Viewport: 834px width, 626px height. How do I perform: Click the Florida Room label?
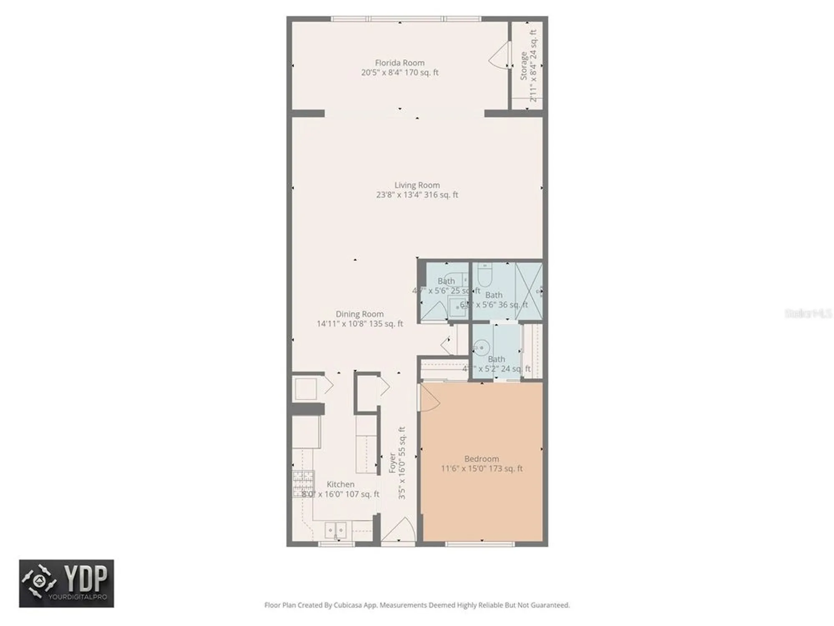[x=399, y=63]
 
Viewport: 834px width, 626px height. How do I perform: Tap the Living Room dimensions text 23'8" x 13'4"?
[x=417, y=194]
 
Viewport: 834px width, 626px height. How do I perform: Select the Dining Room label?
[x=359, y=314]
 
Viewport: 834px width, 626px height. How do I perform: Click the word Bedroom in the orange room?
[x=481, y=459]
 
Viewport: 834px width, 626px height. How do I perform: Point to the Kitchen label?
[x=340, y=484]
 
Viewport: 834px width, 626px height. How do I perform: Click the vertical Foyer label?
[x=392, y=462]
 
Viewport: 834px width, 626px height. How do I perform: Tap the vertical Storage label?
[x=523, y=66]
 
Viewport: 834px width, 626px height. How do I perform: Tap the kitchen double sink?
[x=336, y=530]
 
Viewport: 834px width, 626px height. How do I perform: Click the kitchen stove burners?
[x=303, y=484]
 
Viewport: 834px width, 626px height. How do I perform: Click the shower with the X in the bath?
[x=529, y=291]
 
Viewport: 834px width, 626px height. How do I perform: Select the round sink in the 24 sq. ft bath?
[x=482, y=347]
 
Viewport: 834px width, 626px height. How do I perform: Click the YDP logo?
[x=66, y=583]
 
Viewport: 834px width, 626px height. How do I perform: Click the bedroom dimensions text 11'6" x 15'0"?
[x=482, y=468]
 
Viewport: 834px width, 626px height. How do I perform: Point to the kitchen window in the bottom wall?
[x=336, y=544]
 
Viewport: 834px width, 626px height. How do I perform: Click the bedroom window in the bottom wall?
[x=480, y=544]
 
